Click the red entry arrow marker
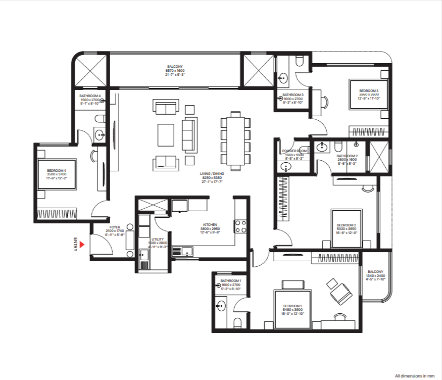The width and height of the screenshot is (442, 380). point(82,245)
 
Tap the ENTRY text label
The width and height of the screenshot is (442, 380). point(75,245)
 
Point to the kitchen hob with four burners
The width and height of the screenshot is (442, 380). point(239,226)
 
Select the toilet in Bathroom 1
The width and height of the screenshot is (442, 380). point(237,322)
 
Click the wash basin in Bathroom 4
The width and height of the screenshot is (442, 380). point(100,134)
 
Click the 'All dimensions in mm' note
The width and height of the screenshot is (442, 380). point(414,375)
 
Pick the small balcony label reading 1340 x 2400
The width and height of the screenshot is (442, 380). point(375,275)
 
